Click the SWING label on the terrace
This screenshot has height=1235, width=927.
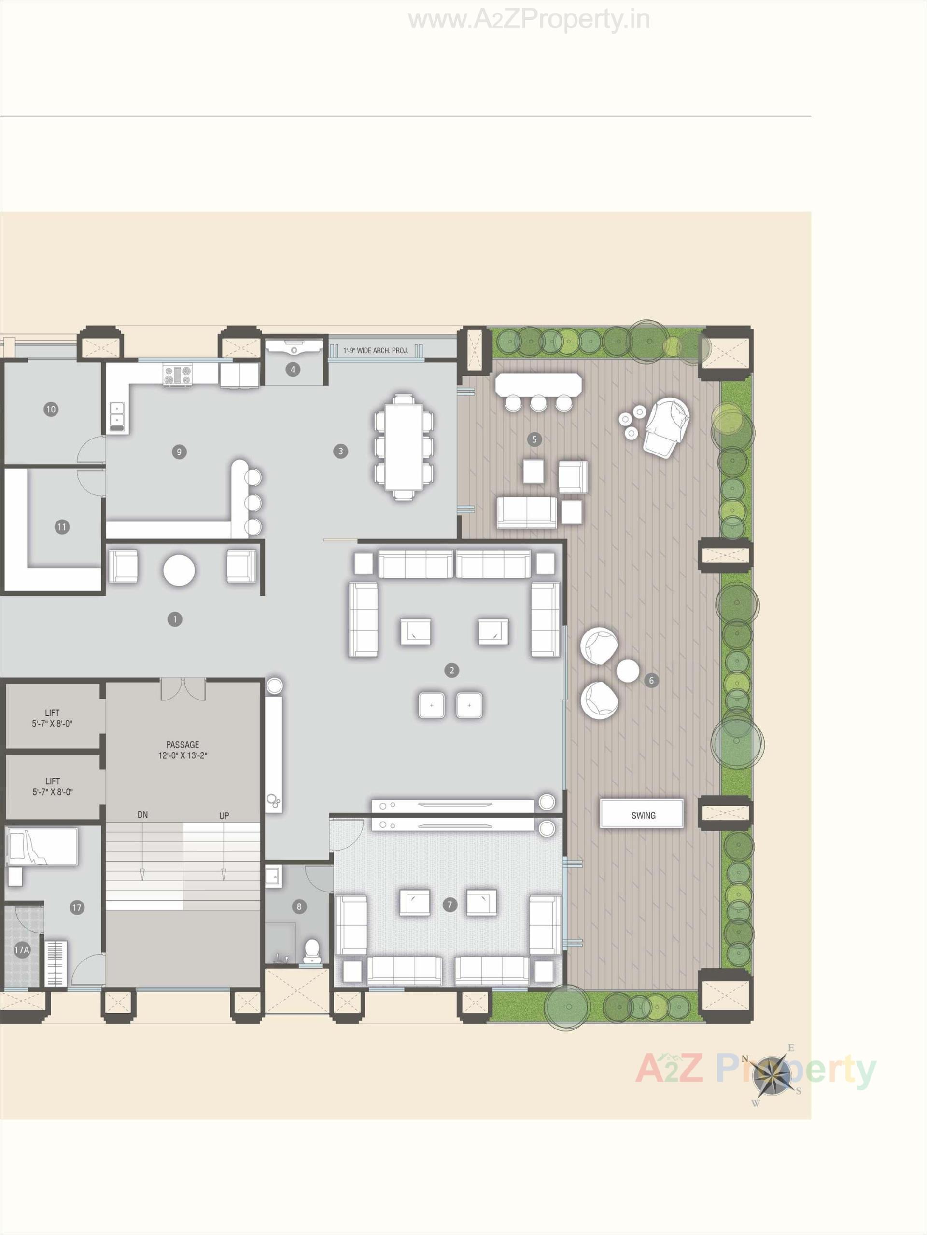(x=643, y=815)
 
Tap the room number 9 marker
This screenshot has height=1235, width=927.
(x=179, y=452)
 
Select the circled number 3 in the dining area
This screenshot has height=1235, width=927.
(x=340, y=451)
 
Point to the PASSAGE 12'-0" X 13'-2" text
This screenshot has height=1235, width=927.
(x=183, y=750)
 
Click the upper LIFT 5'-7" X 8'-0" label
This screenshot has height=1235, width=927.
(x=52, y=718)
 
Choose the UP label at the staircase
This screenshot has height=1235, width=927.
(x=224, y=816)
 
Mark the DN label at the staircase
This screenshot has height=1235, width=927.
(x=142, y=815)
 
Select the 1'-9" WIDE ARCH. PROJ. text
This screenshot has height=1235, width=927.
(x=376, y=351)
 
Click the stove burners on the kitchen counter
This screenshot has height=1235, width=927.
(x=178, y=375)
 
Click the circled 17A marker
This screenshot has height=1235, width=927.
(x=21, y=949)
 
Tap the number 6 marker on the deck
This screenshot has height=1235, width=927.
(x=651, y=681)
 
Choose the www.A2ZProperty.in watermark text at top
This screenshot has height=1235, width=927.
(x=529, y=21)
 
